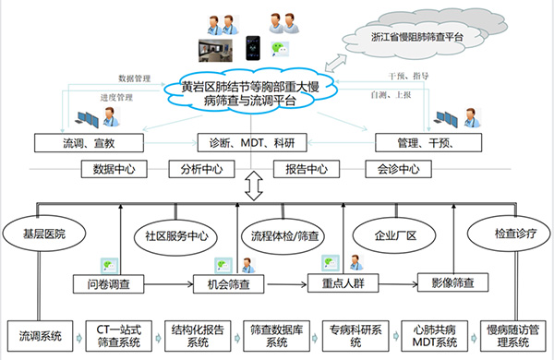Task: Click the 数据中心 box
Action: coord(114,169)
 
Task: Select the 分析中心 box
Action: coord(201,169)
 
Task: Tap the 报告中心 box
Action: coord(307,169)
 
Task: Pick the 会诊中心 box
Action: coord(398,169)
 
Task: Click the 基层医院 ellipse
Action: coord(44,234)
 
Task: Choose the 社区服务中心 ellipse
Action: coord(176,236)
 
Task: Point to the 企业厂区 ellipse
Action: coord(394,235)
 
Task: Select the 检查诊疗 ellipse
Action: coord(509,234)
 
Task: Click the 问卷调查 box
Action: coord(108,284)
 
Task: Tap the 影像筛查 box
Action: coord(453,282)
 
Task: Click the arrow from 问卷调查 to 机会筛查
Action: coord(169,284)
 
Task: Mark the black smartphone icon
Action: coord(253,48)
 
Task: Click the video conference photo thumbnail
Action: coord(215,51)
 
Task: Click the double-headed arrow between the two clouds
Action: coord(336,64)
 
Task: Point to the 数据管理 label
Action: coord(134,78)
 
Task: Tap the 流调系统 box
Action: coord(41,336)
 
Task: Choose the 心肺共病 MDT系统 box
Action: coord(435,336)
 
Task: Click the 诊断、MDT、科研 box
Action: coord(252,143)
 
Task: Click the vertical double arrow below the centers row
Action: coord(254,186)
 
